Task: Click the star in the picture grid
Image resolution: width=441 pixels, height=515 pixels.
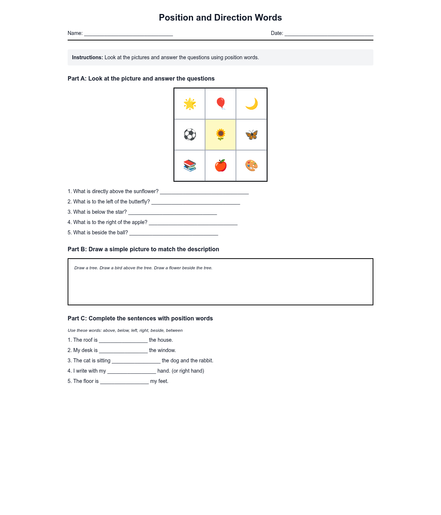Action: click(x=190, y=104)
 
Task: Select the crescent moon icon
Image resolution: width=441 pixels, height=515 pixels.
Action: click(x=252, y=104)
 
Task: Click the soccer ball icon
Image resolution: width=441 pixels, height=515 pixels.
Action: click(x=190, y=135)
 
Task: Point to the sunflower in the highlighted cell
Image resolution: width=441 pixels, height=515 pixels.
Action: click(x=220, y=135)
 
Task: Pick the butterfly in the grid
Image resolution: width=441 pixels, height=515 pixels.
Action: click(x=252, y=135)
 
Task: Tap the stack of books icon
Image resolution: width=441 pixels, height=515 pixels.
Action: click(x=190, y=166)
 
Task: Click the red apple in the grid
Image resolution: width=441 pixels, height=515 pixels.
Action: click(x=220, y=166)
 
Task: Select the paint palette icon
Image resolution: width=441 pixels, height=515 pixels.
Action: click(x=252, y=166)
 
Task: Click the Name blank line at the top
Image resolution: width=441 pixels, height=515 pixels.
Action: click(x=128, y=34)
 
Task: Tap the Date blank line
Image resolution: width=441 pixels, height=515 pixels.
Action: click(x=329, y=34)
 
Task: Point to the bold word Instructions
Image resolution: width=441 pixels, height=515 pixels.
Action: click(x=87, y=57)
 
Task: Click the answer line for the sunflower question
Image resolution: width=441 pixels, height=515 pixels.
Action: click(x=204, y=192)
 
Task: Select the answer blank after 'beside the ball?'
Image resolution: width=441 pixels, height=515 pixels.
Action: click(x=174, y=233)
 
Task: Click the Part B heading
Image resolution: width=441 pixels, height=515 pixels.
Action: click(x=143, y=249)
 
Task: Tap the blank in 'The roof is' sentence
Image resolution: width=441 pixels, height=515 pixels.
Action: click(x=123, y=341)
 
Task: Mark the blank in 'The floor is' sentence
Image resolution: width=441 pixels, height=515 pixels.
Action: click(x=124, y=382)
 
